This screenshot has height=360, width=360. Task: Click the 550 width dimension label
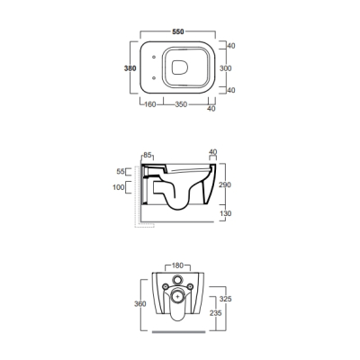178,31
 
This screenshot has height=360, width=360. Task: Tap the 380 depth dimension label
130,68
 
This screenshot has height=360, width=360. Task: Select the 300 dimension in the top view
226,68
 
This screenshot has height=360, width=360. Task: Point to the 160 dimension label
150,104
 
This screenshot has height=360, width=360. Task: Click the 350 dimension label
181,104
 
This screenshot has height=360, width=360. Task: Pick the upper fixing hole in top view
154,57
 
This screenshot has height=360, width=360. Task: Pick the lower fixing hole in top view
154,78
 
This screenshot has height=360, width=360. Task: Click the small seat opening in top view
180,67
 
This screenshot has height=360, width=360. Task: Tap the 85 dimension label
148,156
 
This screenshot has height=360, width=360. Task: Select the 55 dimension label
121,172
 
